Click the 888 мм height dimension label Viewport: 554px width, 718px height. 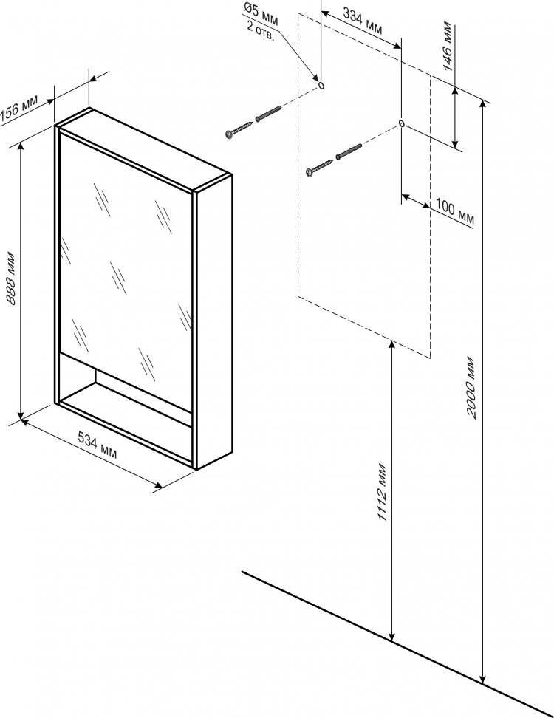11,278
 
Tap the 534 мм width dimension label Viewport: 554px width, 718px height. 97,445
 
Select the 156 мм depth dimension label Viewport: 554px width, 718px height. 19,109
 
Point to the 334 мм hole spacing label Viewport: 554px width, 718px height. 363,22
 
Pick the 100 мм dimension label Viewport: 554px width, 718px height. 454,212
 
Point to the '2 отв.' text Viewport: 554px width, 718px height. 261,32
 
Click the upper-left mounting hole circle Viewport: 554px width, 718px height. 321,85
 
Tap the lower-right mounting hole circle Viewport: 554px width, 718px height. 402,123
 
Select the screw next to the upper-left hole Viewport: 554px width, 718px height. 239,129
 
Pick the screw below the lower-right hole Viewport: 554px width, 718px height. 320,167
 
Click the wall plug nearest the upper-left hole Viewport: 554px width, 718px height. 268,114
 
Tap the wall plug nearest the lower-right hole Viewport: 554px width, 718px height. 349,151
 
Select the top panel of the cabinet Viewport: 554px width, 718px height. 143,149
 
